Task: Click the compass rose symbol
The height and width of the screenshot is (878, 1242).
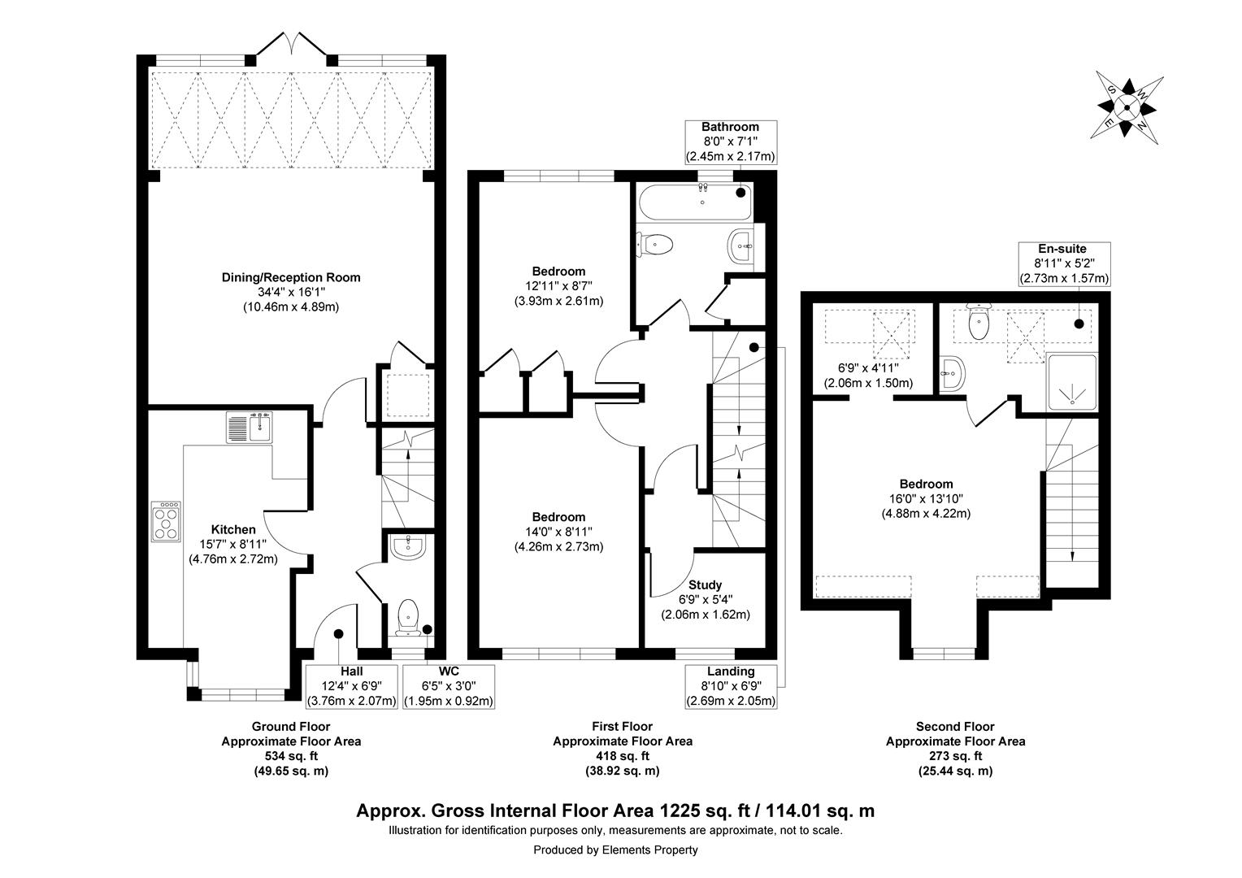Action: pos(1127,107)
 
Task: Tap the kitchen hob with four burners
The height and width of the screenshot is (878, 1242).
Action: pos(167,521)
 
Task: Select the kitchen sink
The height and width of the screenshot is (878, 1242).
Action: pos(250,427)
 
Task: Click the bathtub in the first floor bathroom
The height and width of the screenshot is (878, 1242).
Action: pos(695,202)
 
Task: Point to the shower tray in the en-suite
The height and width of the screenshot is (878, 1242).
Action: pos(1072,383)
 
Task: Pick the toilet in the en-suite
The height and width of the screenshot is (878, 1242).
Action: pos(979,322)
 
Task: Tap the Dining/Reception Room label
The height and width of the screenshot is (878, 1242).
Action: pos(291,277)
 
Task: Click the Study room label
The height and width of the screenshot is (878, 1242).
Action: pos(706,585)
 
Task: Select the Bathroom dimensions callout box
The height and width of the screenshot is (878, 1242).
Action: pos(730,142)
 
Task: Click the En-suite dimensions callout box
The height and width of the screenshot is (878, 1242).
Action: pos(1064,263)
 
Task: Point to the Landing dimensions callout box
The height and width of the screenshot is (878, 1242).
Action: pos(730,687)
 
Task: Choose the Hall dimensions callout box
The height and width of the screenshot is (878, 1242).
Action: pos(352,687)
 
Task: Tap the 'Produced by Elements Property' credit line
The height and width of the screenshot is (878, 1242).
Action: pos(615,850)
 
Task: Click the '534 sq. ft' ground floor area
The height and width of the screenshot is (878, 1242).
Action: pos(291,756)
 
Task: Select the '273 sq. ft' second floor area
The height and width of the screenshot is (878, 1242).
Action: pos(955,756)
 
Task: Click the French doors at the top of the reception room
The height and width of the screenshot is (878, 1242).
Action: pos(292,46)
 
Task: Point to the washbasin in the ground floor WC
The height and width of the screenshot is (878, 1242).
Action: pos(408,546)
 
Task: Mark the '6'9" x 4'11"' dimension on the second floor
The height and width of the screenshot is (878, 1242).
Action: pos(868,367)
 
